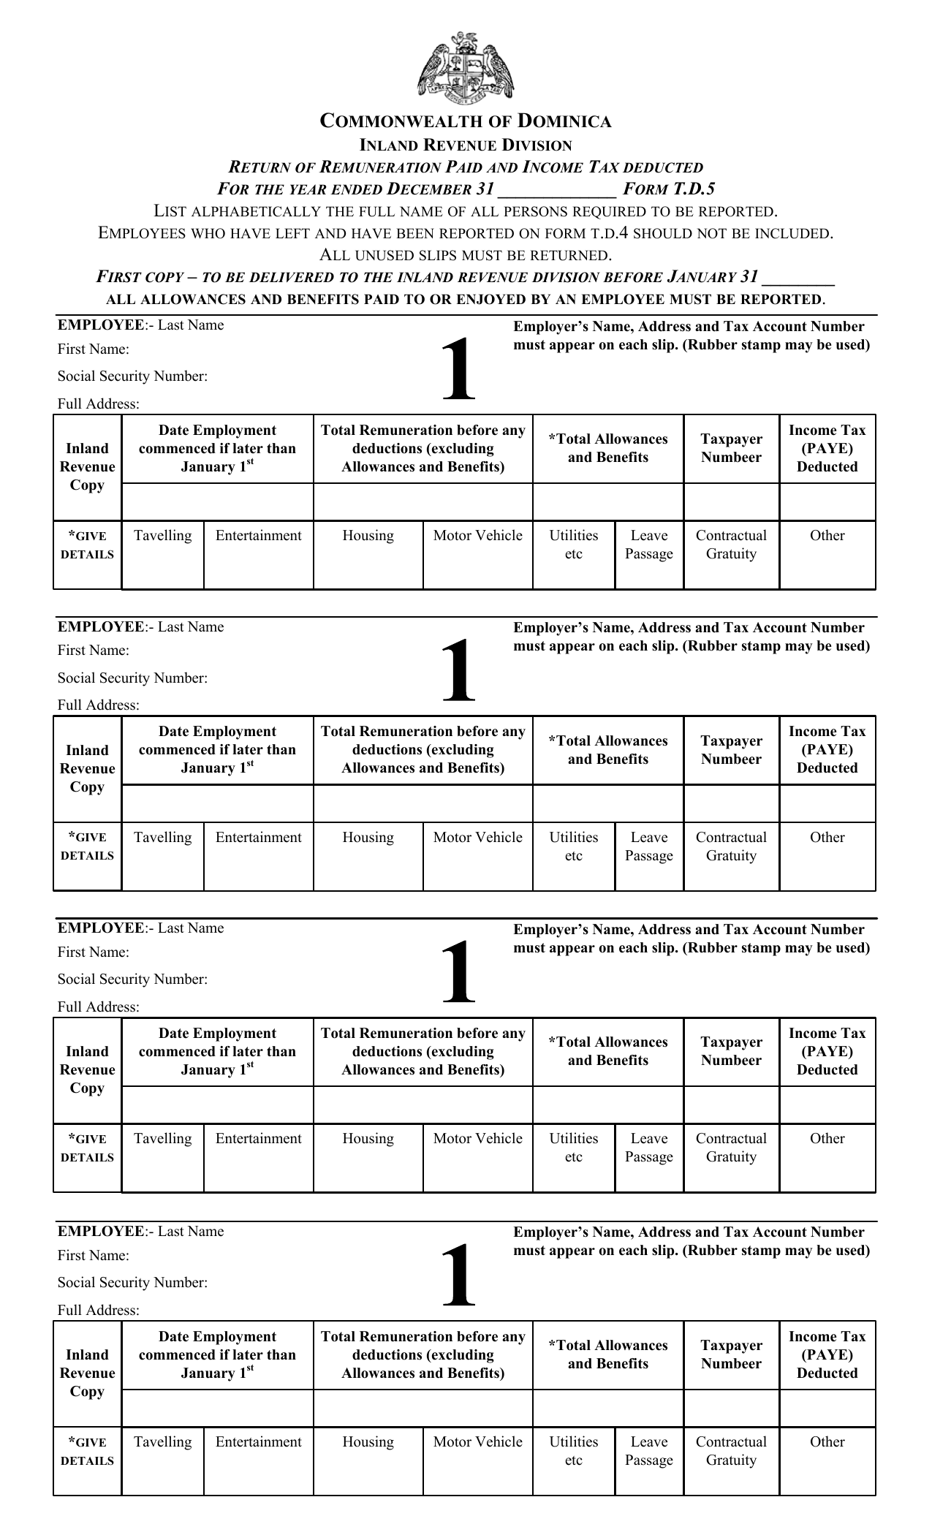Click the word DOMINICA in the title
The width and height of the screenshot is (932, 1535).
coord(564,121)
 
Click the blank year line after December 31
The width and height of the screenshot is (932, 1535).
coord(556,192)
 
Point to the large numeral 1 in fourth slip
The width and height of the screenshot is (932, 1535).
coord(458,1276)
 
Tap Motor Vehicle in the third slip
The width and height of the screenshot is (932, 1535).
coord(477,1139)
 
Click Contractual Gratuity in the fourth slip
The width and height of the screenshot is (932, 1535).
coord(731,1451)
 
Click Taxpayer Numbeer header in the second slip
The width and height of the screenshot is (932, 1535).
coord(731,750)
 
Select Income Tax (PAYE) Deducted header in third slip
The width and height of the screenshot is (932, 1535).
coord(827,1051)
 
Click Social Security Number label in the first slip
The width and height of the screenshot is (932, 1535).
coord(132,376)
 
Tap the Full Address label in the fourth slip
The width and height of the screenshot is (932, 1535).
coord(98,1310)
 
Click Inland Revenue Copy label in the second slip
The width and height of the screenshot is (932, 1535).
coord(87,768)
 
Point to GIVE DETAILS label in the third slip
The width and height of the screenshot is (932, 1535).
coord(87,1148)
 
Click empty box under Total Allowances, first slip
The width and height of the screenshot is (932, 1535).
coord(607,502)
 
